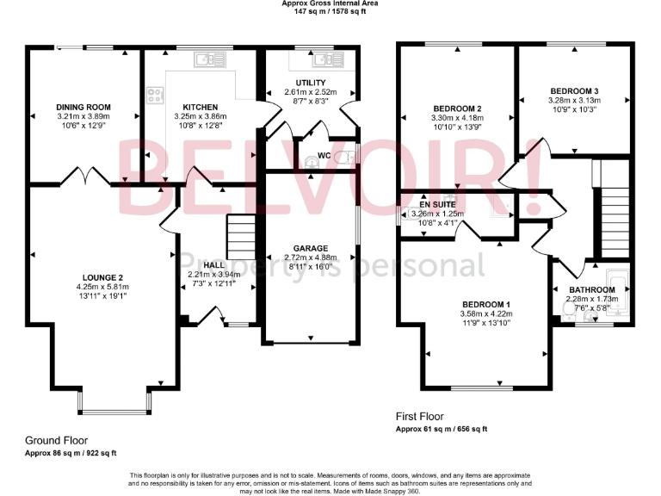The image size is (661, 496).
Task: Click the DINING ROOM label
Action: [83, 108]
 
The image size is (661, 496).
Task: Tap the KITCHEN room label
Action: [199, 108]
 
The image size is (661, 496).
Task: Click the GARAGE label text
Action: [311, 248]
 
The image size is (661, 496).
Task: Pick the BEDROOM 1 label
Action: [486, 305]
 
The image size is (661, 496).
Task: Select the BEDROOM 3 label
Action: [574, 91]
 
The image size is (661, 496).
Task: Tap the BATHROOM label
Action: [591, 289]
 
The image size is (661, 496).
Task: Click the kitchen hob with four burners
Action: [157, 96]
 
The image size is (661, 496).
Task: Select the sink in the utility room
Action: [327, 59]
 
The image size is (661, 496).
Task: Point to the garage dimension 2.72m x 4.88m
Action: [311, 257]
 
